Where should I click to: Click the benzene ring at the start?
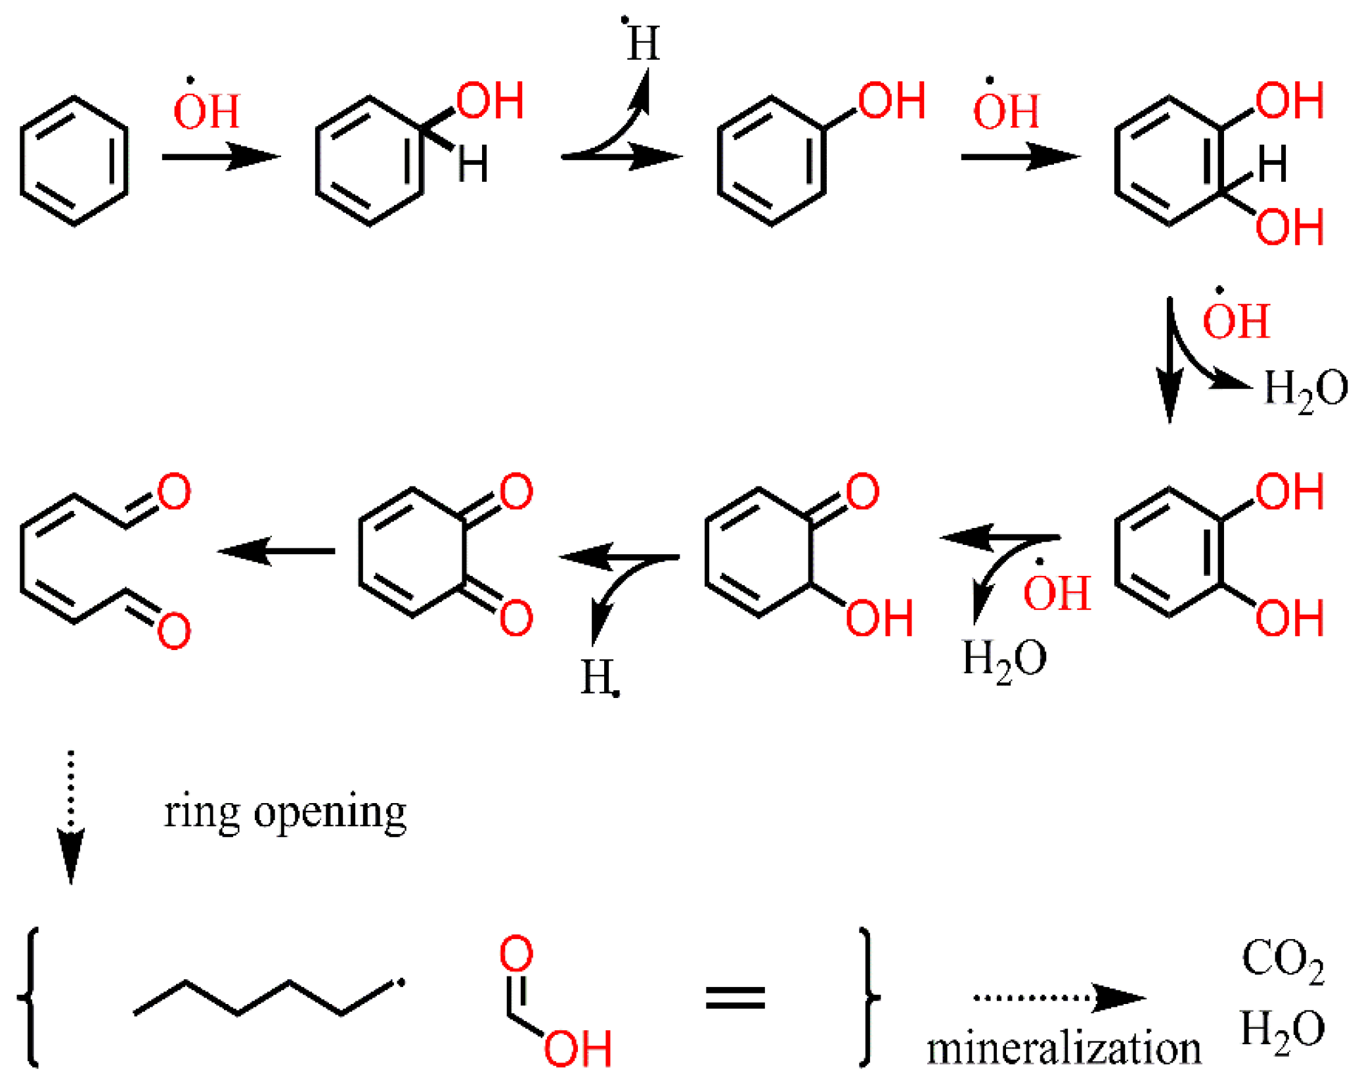(74, 161)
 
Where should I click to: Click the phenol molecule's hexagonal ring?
(770, 161)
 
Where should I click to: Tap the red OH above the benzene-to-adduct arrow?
(207, 110)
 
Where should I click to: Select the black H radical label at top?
(642, 43)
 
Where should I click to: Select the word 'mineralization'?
(1063, 1048)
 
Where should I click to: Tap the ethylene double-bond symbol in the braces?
(735, 997)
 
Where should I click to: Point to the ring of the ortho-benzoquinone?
(412, 552)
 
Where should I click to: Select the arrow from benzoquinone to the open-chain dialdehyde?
(276, 550)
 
